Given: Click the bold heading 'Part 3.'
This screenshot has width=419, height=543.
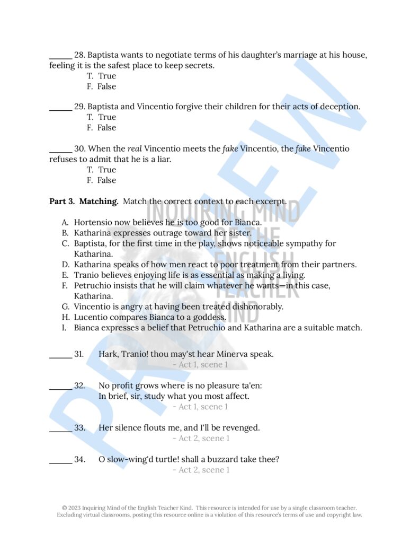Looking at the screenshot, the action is click(x=62, y=202).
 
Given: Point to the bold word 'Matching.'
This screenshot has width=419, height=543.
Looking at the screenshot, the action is click(x=99, y=202).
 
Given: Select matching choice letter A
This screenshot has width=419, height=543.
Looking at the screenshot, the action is click(x=65, y=222).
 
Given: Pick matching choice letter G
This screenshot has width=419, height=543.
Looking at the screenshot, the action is click(x=65, y=306).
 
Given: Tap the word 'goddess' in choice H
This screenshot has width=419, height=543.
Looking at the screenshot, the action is click(x=210, y=317).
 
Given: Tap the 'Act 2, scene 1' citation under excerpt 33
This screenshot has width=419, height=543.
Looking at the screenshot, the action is click(x=200, y=439).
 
